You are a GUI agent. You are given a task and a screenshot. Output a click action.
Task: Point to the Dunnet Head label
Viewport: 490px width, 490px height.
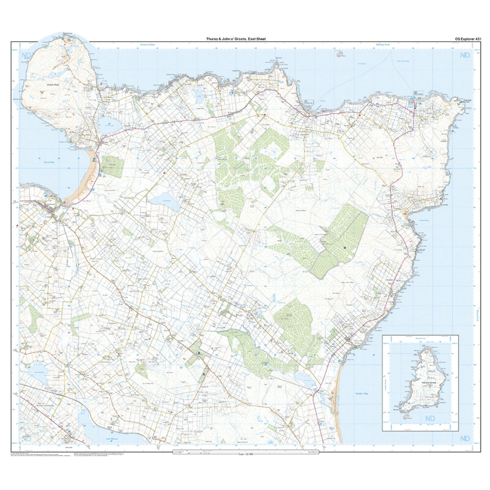click(x=52, y=85)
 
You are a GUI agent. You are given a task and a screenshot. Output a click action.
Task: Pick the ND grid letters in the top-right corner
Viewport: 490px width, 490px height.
click(x=464, y=56)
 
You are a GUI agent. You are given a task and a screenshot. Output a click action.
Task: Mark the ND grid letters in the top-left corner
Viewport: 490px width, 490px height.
click(x=26, y=56)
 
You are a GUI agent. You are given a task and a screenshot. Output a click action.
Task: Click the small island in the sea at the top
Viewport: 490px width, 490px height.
click(x=340, y=54)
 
